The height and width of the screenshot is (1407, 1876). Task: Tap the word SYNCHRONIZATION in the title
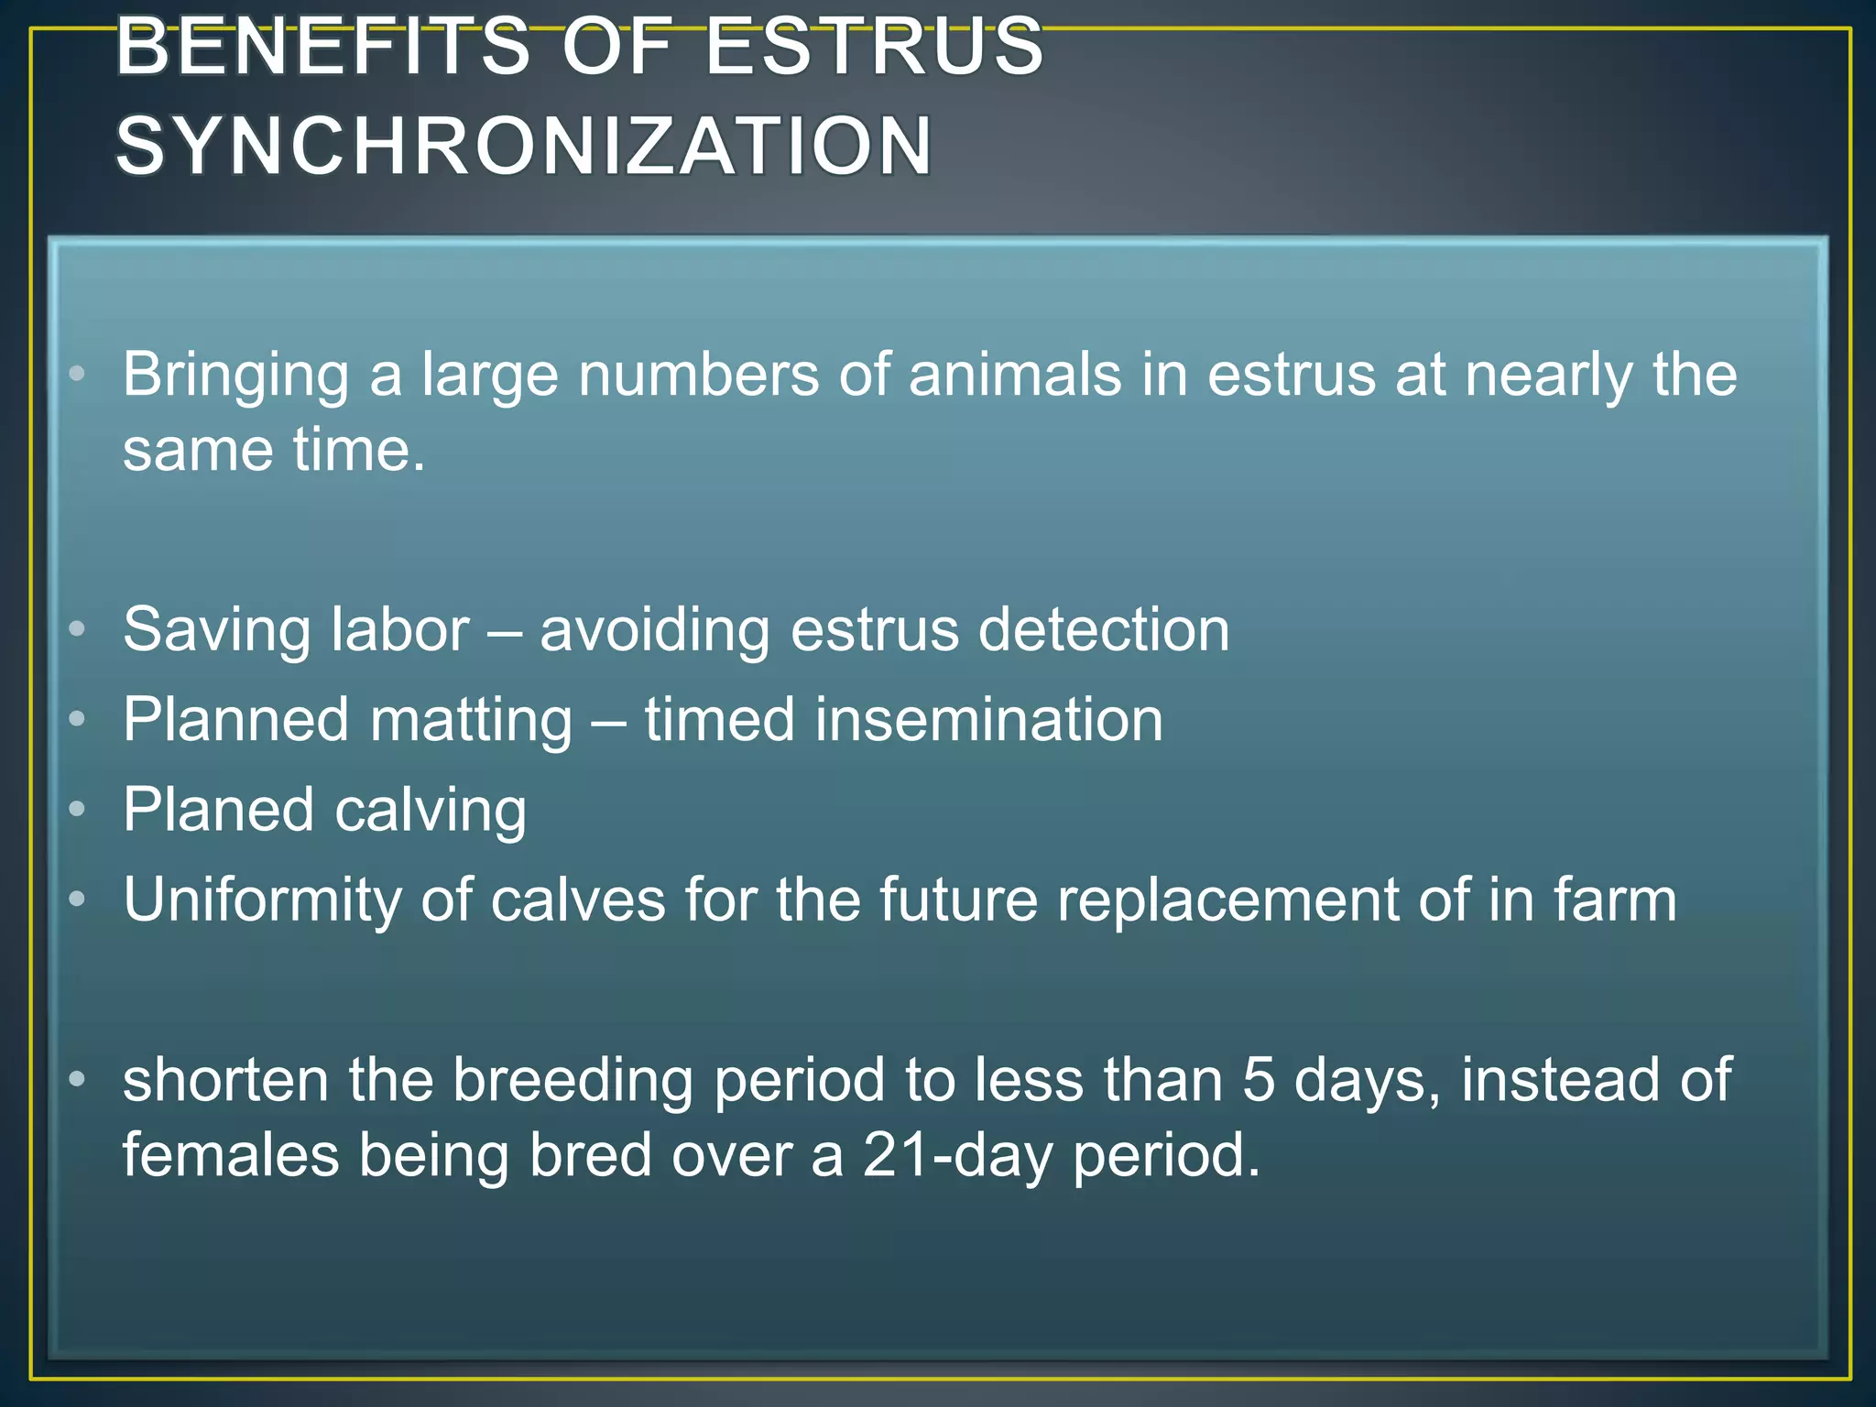click(x=524, y=146)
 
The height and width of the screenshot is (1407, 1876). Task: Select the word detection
click(x=1104, y=630)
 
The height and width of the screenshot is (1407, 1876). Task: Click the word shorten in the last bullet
click(x=225, y=1080)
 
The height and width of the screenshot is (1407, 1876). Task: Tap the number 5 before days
click(x=1259, y=1080)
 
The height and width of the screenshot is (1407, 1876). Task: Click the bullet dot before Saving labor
click(x=77, y=629)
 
